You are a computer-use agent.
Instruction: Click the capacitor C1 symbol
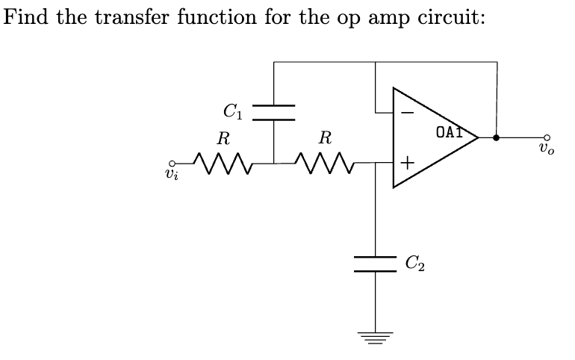(x=274, y=112)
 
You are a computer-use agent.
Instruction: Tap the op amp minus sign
(x=407, y=113)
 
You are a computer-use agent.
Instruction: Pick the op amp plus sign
(x=407, y=161)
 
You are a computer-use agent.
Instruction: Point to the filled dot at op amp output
(x=497, y=137)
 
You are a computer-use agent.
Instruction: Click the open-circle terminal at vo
(x=547, y=137)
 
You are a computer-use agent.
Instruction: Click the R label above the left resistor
(x=223, y=138)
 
